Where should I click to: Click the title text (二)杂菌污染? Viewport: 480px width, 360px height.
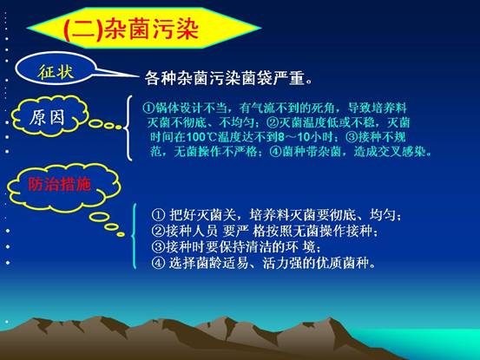(x=131, y=29)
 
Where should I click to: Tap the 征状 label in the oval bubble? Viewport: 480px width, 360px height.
(x=56, y=72)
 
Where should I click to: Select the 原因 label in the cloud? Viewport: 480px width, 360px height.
(x=47, y=117)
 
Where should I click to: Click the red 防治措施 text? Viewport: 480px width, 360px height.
(x=59, y=184)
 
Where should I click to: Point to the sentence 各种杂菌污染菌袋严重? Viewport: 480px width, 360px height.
(x=228, y=78)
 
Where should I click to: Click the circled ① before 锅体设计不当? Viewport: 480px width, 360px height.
(x=148, y=108)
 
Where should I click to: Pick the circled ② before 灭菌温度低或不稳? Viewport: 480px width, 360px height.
(x=273, y=122)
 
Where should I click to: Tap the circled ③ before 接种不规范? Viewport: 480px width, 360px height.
(x=352, y=137)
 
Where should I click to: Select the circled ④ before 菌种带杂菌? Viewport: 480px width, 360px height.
(x=275, y=152)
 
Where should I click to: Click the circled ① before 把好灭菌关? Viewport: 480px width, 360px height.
(x=158, y=215)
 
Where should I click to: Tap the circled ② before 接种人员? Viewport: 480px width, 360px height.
(x=158, y=231)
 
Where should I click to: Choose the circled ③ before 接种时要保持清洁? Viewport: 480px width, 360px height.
(x=158, y=246)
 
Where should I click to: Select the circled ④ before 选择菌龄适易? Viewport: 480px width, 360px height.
(x=158, y=263)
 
